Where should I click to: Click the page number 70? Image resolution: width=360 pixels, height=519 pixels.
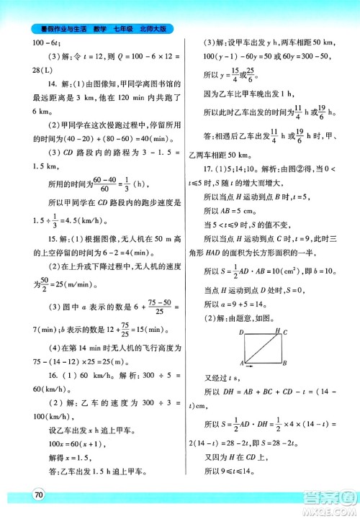37,493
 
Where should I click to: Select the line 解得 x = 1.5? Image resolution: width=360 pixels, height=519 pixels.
53,453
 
